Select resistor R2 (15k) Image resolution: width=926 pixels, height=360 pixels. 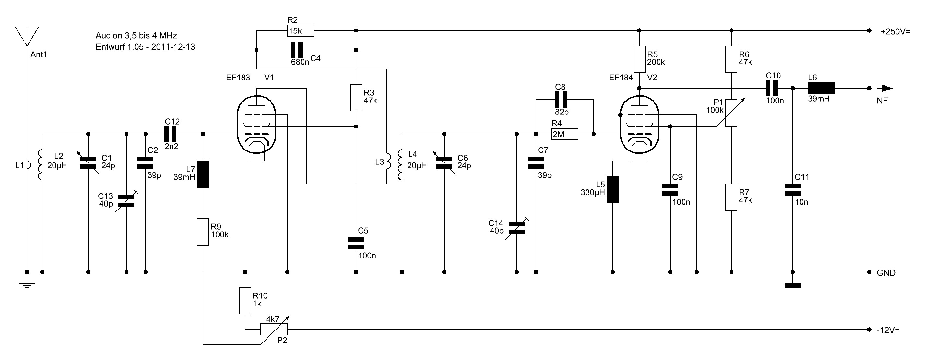(301, 31)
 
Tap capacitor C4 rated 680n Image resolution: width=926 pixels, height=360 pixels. (297, 50)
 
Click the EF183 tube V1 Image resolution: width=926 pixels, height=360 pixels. (256, 125)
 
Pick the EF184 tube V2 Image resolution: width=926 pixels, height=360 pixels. (639, 125)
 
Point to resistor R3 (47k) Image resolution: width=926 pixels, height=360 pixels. (356, 98)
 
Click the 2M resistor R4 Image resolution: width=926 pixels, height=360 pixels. (565, 134)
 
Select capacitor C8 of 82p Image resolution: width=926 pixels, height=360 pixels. (561, 100)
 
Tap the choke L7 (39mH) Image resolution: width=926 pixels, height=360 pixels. (203, 174)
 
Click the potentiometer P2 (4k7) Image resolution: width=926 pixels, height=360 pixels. (274, 329)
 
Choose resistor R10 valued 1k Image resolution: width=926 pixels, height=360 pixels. (245, 301)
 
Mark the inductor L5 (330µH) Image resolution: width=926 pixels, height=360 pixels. (612, 189)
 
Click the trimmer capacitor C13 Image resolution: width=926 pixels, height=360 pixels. (126, 201)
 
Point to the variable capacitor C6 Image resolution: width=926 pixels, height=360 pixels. (444, 163)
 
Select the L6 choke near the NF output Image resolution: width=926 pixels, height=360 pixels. (821, 88)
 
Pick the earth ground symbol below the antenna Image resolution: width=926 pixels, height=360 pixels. (27, 285)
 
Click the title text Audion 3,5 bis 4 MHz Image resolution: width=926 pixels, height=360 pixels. (136, 36)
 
